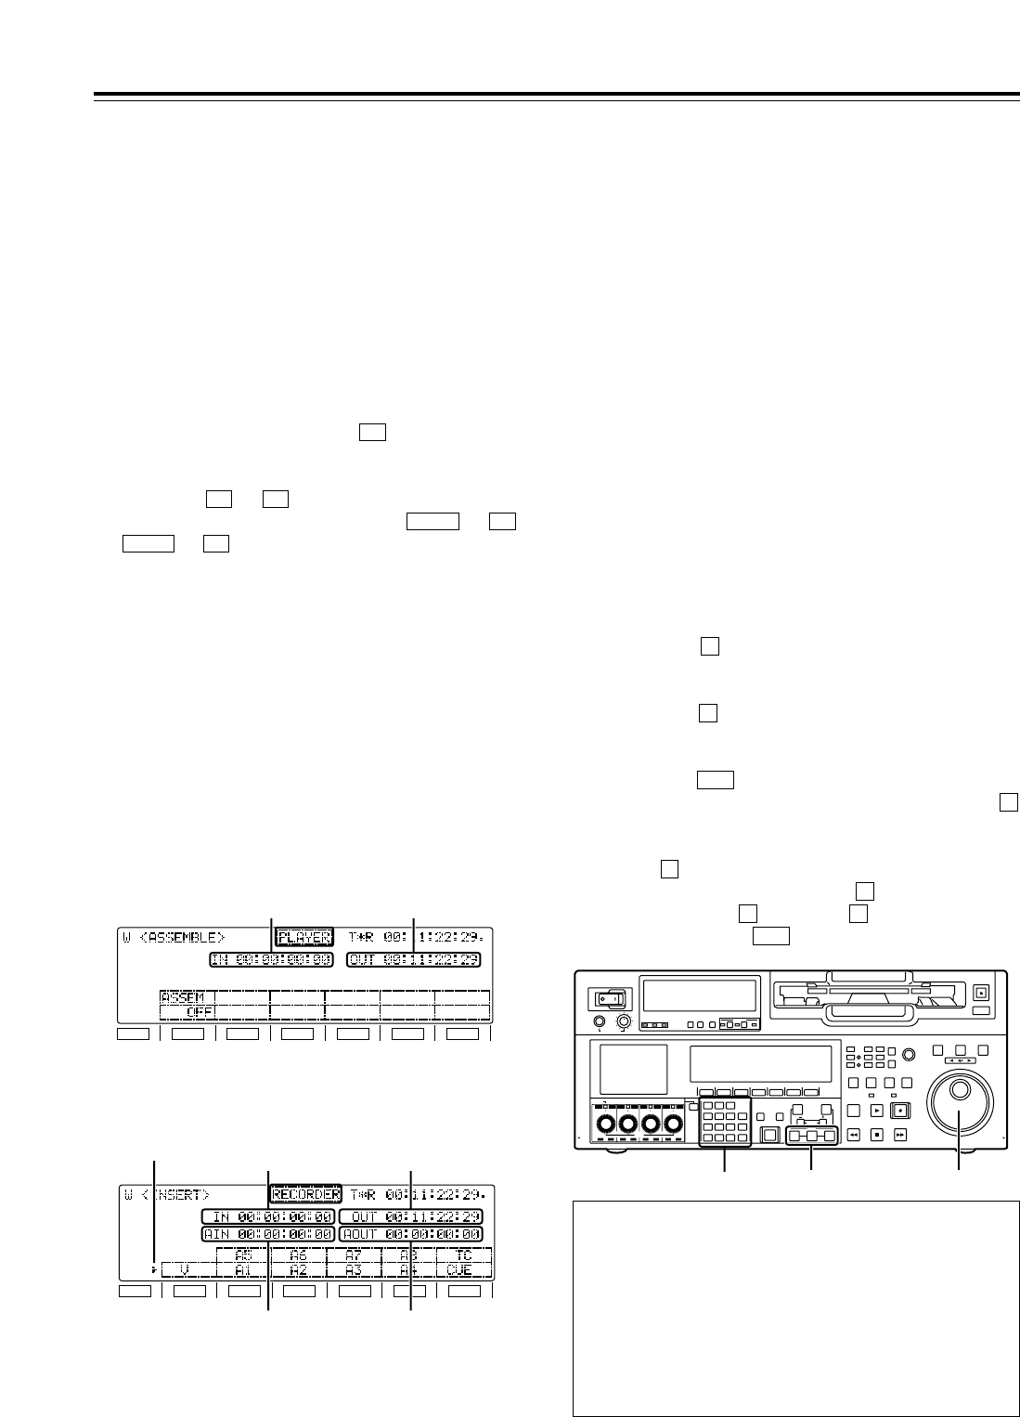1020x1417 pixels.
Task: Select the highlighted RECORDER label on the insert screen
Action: click(x=306, y=1194)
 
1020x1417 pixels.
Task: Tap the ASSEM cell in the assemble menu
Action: click(x=182, y=997)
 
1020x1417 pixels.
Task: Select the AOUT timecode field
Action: click(x=410, y=1234)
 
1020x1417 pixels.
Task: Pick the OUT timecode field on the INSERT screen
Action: click(x=410, y=1216)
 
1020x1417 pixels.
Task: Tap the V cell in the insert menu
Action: click(x=187, y=1269)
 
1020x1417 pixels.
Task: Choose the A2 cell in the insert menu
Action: click(x=298, y=1269)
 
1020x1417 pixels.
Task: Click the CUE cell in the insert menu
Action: click(x=463, y=1269)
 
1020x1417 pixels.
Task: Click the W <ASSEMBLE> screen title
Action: click(x=174, y=937)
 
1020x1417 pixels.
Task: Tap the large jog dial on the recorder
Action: click(x=961, y=1113)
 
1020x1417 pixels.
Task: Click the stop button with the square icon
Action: click(x=875, y=1134)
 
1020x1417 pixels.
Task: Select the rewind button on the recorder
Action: click(x=852, y=1134)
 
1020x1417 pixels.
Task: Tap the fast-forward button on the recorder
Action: click(x=898, y=1134)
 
